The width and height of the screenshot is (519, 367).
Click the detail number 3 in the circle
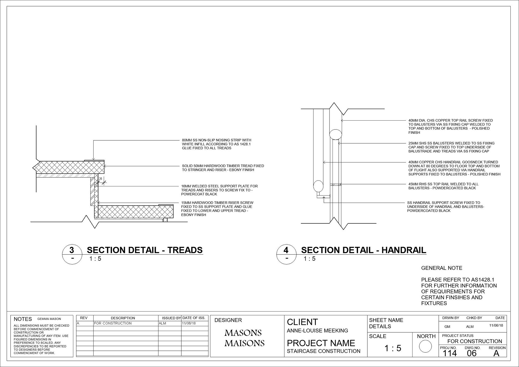[72, 250]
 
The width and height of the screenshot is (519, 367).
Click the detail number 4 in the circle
[286, 250]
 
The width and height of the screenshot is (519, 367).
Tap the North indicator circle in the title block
[425, 346]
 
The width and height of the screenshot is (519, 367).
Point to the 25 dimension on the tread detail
[101, 179]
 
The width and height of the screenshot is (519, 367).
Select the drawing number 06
[471, 353]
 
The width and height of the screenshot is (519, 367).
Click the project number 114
[450, 353]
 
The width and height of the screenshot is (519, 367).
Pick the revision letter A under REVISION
[496, 353]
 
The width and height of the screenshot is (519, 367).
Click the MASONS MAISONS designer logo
[244, 338]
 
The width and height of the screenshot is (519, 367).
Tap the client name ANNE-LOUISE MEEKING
[317, 330]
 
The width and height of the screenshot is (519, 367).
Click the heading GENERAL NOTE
[442, 268]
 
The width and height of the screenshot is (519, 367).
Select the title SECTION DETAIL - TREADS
[145, 250]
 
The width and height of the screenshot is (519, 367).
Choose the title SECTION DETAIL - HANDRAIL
[364, 250]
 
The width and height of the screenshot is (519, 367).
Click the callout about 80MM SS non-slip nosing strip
[217, 144]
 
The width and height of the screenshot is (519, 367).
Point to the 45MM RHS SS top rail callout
[443, 186]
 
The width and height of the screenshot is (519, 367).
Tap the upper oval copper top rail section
[335, 134]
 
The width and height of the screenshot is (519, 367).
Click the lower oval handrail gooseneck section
[318, 186]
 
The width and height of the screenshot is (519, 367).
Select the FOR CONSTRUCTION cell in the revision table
[113, 323]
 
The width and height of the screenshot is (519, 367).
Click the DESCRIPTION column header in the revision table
[123, 318]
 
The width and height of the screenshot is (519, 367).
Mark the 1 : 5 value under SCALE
[393, 348]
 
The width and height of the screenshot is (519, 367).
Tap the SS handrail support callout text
[445, 207]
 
